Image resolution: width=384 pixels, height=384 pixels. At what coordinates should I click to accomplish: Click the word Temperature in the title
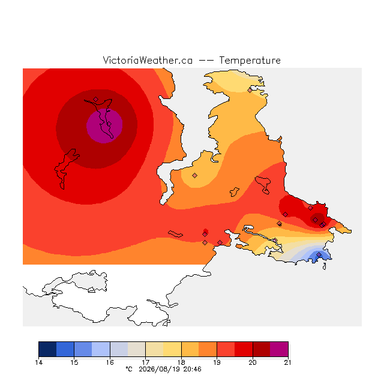[250, 61]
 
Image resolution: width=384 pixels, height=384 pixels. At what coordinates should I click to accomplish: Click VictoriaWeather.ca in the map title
[148, 61]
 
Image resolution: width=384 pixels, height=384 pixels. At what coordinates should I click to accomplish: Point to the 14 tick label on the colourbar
[38, 362]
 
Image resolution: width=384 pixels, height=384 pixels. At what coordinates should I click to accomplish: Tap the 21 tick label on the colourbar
[288, 362]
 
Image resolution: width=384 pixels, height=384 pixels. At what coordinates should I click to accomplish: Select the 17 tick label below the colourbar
[145, 362]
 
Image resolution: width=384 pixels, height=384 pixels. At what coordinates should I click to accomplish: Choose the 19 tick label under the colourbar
[217, 362]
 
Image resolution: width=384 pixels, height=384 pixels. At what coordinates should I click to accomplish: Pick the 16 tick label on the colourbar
[110, 362]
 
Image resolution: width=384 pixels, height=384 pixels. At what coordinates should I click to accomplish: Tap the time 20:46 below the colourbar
[192, 369]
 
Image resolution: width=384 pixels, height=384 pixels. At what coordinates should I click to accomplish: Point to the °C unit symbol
[129, 369]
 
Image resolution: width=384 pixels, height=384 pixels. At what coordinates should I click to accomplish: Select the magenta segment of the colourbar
[279, 349]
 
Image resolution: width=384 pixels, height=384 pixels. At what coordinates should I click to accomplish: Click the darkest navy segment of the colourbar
[47, 349]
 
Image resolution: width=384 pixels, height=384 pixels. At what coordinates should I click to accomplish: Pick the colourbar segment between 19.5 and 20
[244, 349]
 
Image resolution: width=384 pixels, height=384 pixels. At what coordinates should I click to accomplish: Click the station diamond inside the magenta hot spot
[109, 124]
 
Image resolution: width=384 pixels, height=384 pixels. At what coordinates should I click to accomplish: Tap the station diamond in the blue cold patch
[319, 254]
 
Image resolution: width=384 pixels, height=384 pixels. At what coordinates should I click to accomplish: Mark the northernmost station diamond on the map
[250, 91]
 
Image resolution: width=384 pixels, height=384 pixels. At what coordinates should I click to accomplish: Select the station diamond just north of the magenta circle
[96, 99]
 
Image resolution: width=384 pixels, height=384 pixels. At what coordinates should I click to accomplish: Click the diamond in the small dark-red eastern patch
[315, 220]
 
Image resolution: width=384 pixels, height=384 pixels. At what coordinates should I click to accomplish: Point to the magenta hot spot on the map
[104, 125]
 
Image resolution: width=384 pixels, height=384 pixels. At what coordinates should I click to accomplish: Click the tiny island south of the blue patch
[325, 266]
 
